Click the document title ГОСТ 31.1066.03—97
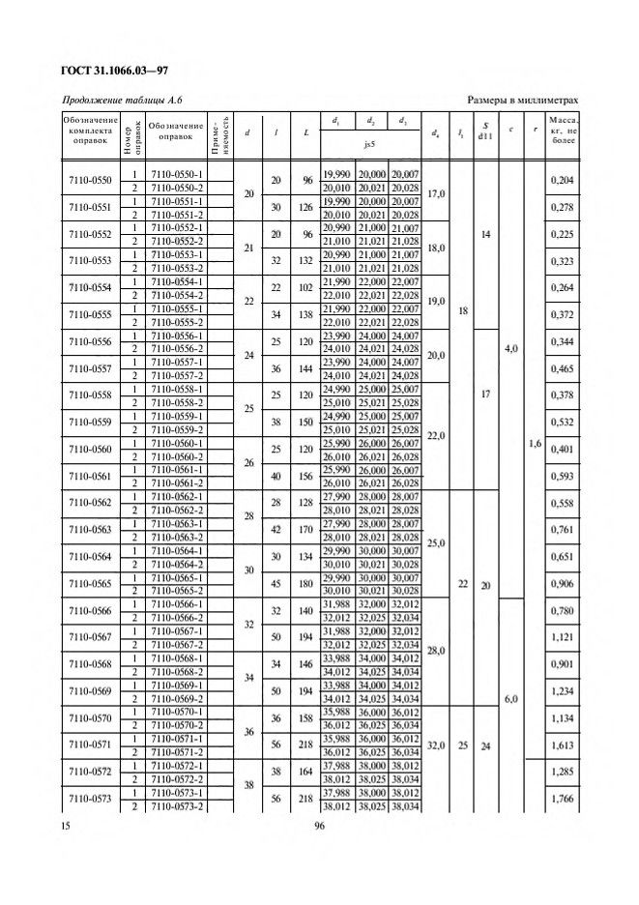click(x=115, y=70)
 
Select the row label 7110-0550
click(x=90, y=180)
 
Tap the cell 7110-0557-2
click(x=175, y=375)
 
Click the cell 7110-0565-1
click(x=175, y=576)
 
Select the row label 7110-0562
click(x=90, y=502)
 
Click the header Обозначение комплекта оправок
click(x=90, y=129)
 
